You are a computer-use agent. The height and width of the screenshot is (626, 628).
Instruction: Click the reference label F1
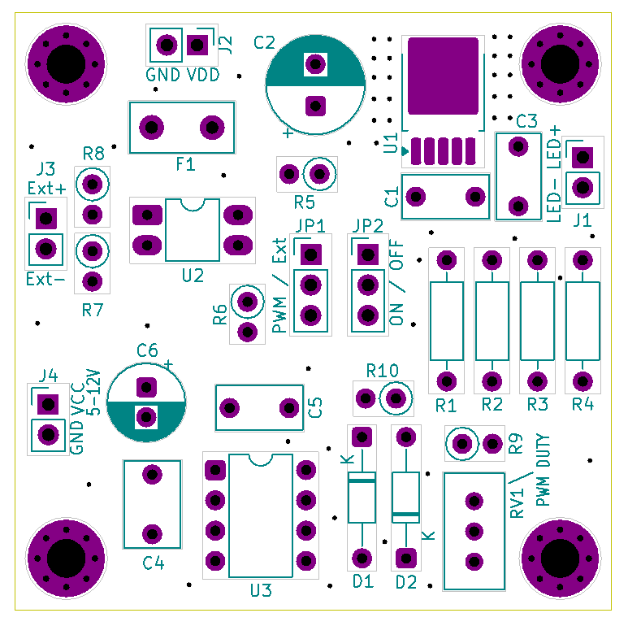point(185,164)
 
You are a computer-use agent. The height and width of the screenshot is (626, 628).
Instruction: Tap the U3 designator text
point(261,591)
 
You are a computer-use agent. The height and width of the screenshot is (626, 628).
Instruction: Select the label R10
point(382,372)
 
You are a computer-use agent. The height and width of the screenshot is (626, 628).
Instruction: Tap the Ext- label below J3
point(45,280)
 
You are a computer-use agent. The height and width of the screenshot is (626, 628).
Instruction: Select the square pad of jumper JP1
point(310,254)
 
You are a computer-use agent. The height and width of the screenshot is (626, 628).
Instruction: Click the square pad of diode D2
point(405,558)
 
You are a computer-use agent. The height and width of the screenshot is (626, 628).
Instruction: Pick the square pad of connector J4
point(48,404)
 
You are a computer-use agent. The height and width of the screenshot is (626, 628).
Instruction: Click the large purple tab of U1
point(443,76)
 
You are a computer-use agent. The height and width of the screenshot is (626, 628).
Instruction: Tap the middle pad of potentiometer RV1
point(473,531)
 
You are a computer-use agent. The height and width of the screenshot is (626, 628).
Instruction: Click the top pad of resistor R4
point(583,260)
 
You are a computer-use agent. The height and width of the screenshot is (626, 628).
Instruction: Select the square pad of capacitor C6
point(146,385)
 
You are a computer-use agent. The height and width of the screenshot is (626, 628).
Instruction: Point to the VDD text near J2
point(203,75)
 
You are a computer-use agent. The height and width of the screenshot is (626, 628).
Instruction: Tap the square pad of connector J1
point(583,156)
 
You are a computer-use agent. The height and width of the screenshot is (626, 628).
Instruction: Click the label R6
point(220,315)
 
